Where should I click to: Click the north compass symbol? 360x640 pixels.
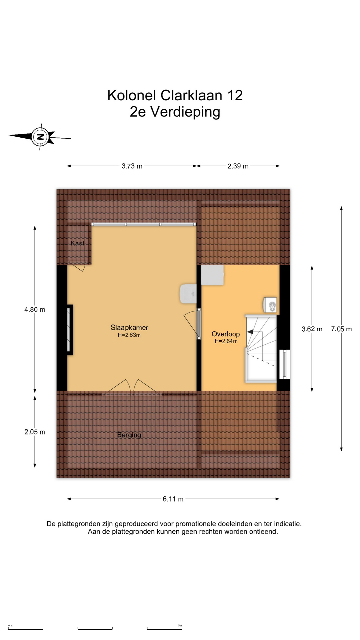pyautogui.click(x=40, y=137)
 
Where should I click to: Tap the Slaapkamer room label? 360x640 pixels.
pyautogui.click(x=129, y=328)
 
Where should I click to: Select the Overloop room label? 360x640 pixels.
pyautogui.click(x=226, y=334)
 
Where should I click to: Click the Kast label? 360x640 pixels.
pyautogui.click(x=78, y=243)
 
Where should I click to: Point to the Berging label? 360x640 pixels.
pyautogui.click(x=129, y=435)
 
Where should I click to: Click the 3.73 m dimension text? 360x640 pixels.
pyautogui.click(x=132, y=166)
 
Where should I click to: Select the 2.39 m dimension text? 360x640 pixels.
pyautogui.click(x=238, y=166)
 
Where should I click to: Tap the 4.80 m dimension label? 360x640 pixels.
pyautogui.click(x=35, y=309)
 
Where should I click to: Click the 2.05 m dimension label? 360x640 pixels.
pyautogui.click(x=35, y=432)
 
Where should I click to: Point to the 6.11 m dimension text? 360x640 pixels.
pyautogui.click(x=173, y=499)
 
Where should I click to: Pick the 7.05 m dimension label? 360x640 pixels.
pyautogui.click(x=341, y=329)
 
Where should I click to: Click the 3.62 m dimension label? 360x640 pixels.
pyautogui.click(x=312, y=329)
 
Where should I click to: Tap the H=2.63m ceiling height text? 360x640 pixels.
pyautogui.click(x=129, y=335)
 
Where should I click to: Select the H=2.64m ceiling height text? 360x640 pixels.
pyautogui.click(x=226, y=341)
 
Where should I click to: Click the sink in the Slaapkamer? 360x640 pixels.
pyautogui.click(x=188, y=294)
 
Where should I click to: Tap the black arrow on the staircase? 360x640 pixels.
pyautogui.click(x=250, y=332)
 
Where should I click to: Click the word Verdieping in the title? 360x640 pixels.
pyautogui.click(x=185, y=112)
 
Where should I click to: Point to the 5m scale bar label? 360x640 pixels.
pyautogui.click(x=180, y=626)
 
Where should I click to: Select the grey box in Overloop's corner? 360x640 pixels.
pyautogui.click(x=212, y=275)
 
